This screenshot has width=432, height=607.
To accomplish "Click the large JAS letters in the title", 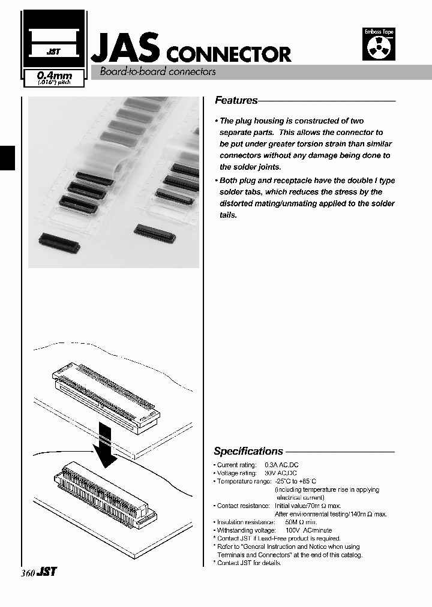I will tap(125, 47).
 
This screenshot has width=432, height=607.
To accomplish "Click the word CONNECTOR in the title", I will tap(228, 55).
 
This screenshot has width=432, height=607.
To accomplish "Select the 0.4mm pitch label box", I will tap(53, 79).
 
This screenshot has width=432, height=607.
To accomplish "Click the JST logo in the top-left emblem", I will tap(53, 52).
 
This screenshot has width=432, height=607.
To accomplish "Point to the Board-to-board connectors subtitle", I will tap(153, 72).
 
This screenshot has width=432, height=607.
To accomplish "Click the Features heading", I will tap(236, 101).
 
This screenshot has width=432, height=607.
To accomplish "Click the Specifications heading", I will tap(248, 451).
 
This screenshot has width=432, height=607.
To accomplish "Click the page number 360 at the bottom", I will tap(28, 573).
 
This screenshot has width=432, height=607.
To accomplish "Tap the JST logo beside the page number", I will tap(47, 572).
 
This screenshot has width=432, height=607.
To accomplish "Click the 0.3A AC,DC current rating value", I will tap(286, 465).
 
